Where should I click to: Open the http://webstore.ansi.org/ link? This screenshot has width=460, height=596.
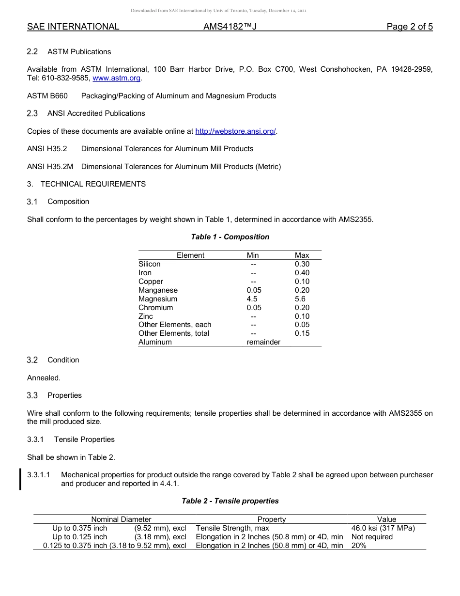(235, 131)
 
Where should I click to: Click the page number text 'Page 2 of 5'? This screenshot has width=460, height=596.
(409, 27)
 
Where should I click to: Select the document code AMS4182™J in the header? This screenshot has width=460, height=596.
(230, 27)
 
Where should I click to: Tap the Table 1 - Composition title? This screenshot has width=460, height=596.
(230, 237)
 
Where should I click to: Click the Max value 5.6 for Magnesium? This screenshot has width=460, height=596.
(300, 299)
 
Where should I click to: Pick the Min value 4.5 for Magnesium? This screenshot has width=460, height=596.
(252, 299)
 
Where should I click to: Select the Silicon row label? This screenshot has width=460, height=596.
(150, 264)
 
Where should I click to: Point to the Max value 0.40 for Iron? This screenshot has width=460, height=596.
(302, 273)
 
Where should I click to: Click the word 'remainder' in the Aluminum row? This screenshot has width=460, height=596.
(263, 342)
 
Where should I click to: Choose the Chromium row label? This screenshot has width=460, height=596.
(155, 308)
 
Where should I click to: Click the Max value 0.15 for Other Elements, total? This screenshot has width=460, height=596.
(302, 333)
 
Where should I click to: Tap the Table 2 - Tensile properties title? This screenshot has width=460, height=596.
(230, 501)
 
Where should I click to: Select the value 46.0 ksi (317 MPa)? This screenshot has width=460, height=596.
(383, 528)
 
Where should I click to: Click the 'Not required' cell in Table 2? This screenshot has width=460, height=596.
(372, 537)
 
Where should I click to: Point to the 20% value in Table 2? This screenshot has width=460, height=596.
(359, 546)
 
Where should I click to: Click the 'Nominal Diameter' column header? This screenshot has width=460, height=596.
(121, 519)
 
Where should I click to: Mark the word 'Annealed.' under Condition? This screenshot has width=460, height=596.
(44, 378)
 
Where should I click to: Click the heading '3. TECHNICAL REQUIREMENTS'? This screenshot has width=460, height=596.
(86, 184)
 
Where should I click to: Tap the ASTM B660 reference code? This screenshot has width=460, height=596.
(47, 96)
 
